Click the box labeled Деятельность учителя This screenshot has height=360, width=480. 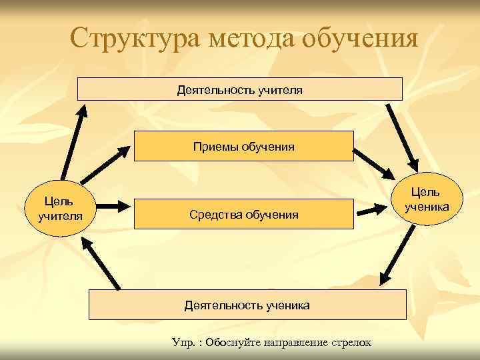click(240, 89)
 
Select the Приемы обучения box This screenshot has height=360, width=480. click(243, 146)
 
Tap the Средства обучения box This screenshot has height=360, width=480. click(243, 215)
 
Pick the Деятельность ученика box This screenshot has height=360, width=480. click(247, 305)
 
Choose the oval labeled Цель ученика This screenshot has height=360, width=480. click(425, 199)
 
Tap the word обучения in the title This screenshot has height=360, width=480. click(360, 38)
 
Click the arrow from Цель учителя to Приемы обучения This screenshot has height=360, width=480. click(105, 165)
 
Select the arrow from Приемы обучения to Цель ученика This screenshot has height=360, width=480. click(374, 163)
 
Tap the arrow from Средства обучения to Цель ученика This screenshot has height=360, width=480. click(375, 211)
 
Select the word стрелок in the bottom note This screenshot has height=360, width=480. click(351, 343)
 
